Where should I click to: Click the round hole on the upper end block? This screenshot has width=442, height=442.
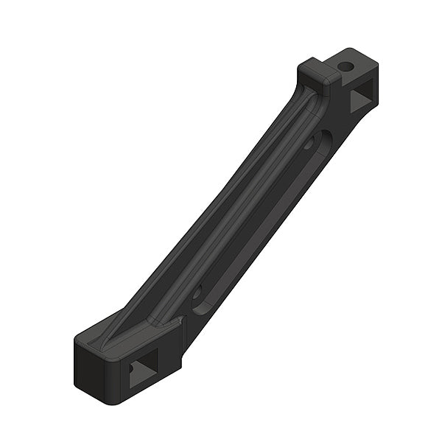[345, 66]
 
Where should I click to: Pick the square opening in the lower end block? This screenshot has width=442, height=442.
[143, 373]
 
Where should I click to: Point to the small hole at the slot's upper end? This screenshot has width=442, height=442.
[309, 145]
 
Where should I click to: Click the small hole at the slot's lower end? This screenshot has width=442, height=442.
[197, 292]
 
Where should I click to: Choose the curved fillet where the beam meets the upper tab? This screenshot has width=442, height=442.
[301, 92]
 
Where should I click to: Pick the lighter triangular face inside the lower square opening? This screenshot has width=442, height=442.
[138, 379]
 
